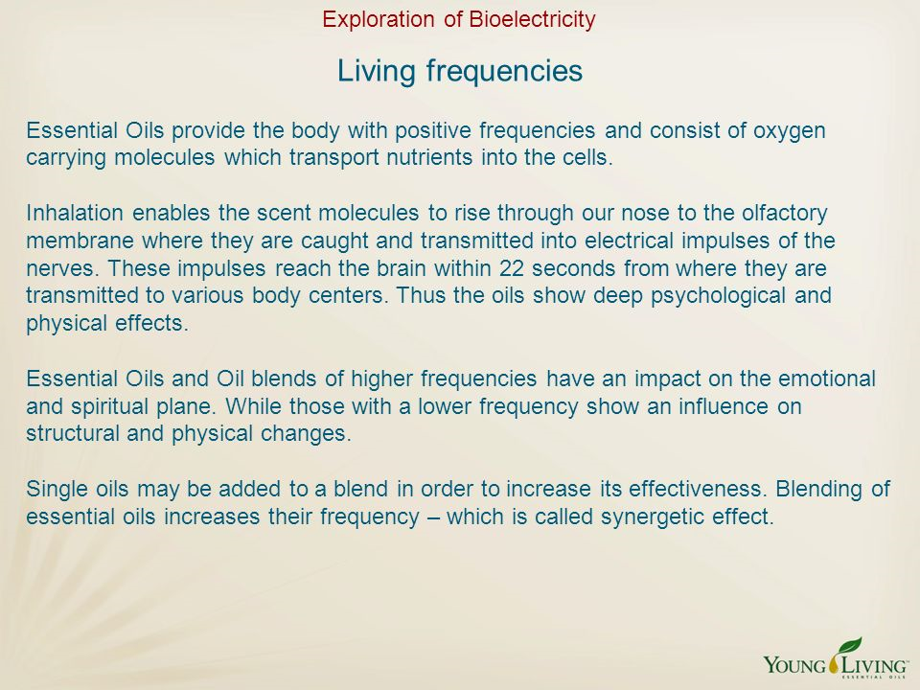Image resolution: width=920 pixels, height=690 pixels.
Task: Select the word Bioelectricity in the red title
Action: (532, 20)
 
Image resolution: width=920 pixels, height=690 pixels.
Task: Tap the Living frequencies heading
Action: (460, 72)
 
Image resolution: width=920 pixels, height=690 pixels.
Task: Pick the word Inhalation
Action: (75, 213)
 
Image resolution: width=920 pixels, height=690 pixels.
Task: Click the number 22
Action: (511, 268)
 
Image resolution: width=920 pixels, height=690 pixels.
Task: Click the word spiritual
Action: (109, 406)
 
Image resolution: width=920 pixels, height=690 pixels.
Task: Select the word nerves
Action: (63, 269)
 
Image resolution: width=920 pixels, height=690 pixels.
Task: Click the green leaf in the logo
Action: (850, 646)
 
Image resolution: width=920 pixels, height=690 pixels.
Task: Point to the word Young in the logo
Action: (795, 666)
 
